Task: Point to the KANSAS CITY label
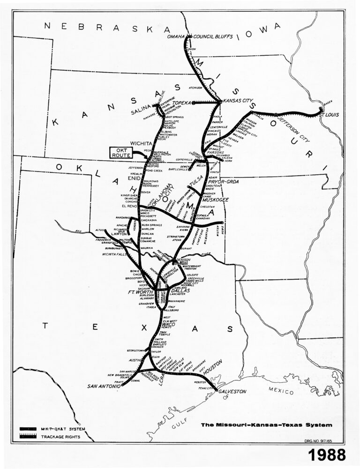click(x=238, y=101)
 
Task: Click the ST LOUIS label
click(x=328, y=114)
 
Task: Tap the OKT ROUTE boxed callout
click(x=122, y=152)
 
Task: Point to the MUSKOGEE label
click(x=215, y=199)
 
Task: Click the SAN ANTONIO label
click(x=104, y=386)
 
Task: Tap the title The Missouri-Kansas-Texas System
click(x=266, y=425)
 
